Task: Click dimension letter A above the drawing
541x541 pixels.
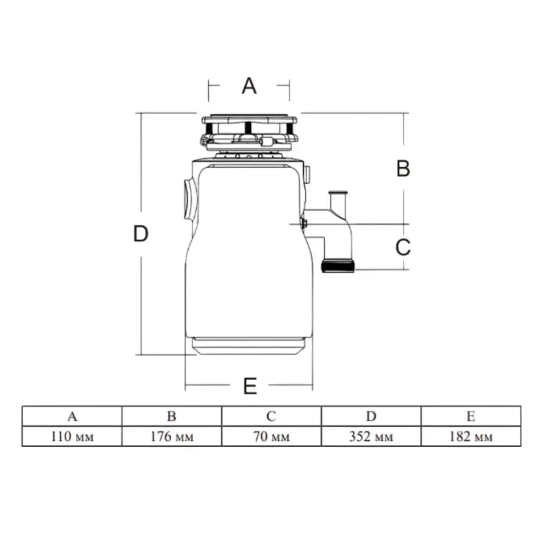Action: point(249,86)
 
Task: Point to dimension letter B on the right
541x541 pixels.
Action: point(403,168)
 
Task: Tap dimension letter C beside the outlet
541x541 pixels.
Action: point(403,247)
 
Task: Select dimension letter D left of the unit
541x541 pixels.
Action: point(141,233)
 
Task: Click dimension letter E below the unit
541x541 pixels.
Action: point(250,386)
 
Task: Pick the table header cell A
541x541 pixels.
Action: point(72,416)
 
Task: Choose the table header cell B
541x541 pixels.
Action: point(172,416)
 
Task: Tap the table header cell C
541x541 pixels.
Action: point(272,416)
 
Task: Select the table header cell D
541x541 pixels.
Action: point(371,416)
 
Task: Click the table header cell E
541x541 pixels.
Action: point(471,416)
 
